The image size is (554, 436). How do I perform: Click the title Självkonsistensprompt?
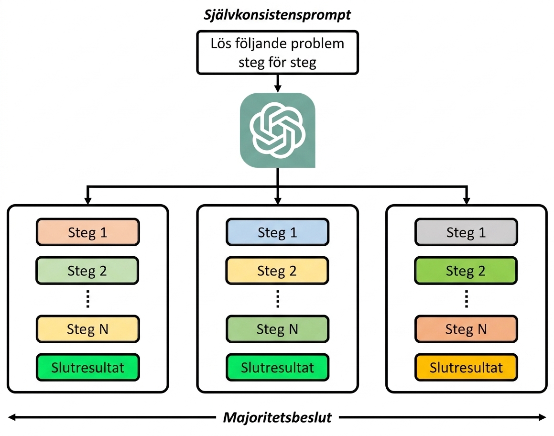coord(277,15)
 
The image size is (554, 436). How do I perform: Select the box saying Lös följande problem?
coord(277,53)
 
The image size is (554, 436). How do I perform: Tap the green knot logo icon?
coord(277,130)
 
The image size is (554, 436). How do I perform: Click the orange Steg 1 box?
coord(87,232)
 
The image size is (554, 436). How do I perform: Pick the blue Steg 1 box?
coord(277,232)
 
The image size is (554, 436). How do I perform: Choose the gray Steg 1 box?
coord(466,232)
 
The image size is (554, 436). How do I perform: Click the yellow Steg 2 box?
coord(277,271)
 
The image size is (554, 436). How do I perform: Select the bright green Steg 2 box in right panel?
coord(466,271)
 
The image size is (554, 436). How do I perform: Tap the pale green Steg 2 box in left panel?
coord(87,271)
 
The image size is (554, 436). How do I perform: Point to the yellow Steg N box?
coord(87,329)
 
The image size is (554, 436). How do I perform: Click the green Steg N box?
coord(277,329)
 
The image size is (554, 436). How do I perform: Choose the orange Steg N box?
coord(466,329)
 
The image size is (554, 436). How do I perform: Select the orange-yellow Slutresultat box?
coord(466,368)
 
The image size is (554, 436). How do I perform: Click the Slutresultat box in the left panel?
coord(87,368)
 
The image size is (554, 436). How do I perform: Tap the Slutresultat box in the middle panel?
coord(277,368)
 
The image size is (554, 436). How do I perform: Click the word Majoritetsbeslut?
coord(277,417)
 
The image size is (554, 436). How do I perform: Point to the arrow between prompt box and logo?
coord(278,83)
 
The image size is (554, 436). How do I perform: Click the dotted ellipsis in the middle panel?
coord(278,299)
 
